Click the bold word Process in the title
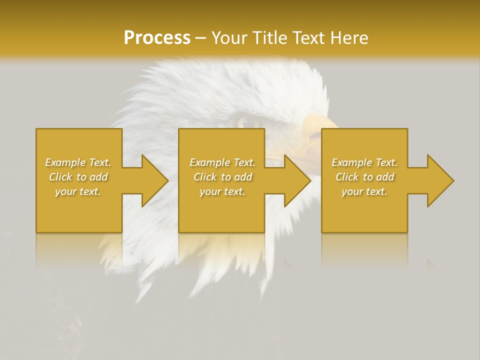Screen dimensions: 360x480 click(x=157, y=38)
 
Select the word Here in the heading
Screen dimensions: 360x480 click(x=348, y=38)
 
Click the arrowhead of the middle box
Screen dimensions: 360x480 click(x=294, y=180)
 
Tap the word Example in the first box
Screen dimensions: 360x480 click(x=65, y=162)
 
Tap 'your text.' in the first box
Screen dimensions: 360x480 click(x=78, y=191)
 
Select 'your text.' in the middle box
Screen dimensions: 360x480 click(x=222, y=191)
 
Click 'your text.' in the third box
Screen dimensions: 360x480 click(x=364, y=191)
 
